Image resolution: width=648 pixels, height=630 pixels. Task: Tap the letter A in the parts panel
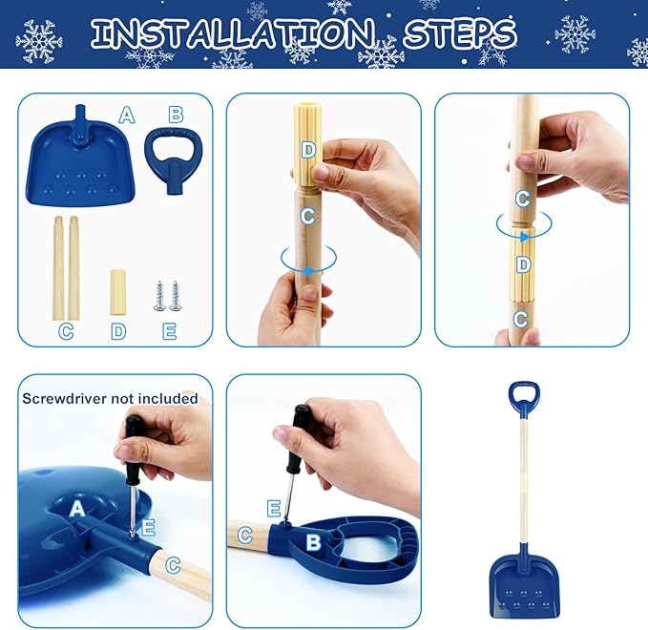coord(127,115)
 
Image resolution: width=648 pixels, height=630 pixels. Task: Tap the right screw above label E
coord(176,295)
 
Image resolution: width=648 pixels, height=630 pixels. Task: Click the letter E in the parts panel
coord(169,330)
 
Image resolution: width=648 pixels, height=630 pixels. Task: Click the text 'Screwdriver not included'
coord(110,398)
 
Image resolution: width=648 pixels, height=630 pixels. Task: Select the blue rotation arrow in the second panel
coord(308,260)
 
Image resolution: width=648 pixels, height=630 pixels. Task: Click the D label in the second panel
coord(307,149)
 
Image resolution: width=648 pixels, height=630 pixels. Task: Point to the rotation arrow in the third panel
coord(524,226)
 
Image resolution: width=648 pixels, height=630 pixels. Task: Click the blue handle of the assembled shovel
coord(523,399)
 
